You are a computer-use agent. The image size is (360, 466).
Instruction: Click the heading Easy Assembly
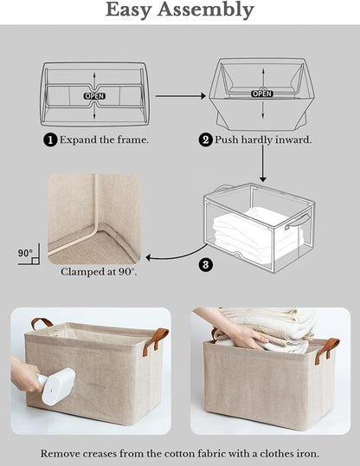click(x=180, y=10)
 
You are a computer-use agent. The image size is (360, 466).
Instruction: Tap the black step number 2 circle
click(x=206, y=139)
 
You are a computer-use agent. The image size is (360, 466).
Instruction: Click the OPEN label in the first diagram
click(x=93, y=95)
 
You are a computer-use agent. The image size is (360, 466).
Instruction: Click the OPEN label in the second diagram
click(x=261, y=93)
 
